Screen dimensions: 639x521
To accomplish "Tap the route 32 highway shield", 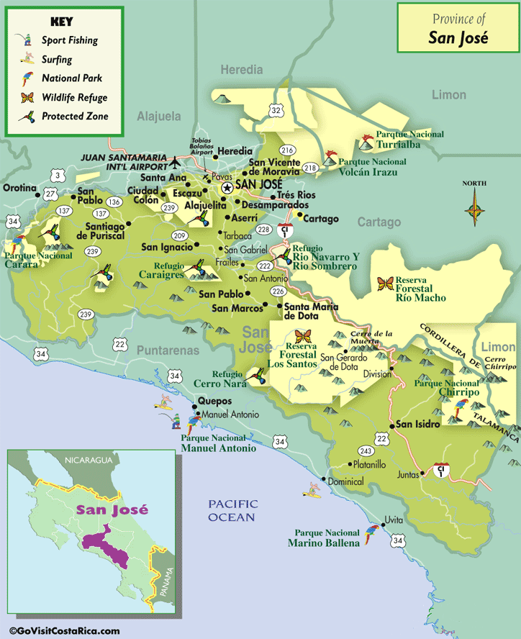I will click(276, 109).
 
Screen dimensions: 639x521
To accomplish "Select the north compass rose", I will click(474, 211).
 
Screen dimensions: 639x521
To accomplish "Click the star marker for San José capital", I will click(227, 187).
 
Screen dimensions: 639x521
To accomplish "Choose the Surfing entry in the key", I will click(56, 59).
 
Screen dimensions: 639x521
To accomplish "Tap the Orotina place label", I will click(19, 188).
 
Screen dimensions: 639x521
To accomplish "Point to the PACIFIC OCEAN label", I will click(232, 511).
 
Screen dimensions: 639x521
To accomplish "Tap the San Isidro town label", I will click(417, 424).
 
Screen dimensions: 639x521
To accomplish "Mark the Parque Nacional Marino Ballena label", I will click(324, 538).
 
